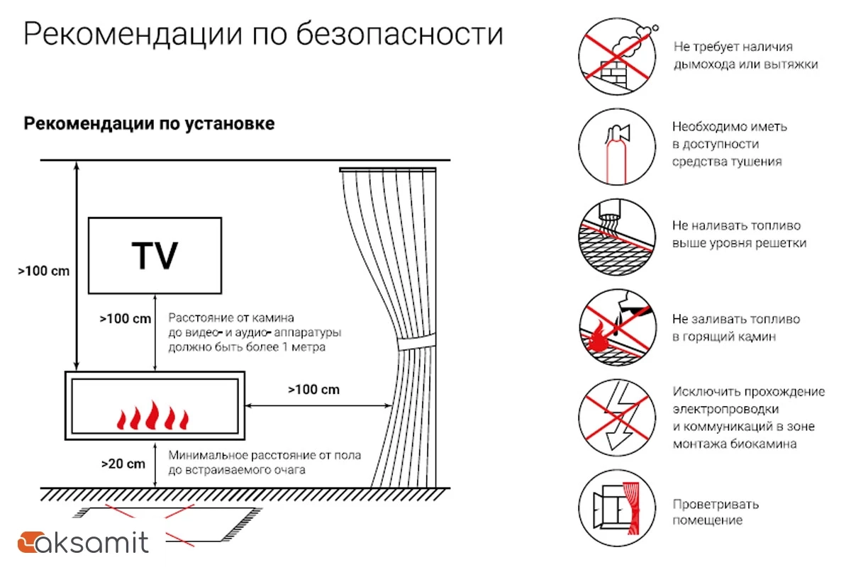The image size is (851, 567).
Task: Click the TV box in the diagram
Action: pos(155,255)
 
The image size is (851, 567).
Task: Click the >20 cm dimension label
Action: pos(123,464)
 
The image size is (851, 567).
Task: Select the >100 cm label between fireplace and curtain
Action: pos(313,389)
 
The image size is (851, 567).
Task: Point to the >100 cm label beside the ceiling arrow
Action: pos(44,271)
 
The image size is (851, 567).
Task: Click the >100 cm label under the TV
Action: pos(126,319)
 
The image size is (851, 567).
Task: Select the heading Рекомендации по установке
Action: pos(150,123)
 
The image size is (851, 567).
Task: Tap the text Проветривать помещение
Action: pos(715,512)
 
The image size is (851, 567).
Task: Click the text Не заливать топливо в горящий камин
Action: pos(735,328)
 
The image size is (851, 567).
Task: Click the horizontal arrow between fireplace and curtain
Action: pos(318,406)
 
